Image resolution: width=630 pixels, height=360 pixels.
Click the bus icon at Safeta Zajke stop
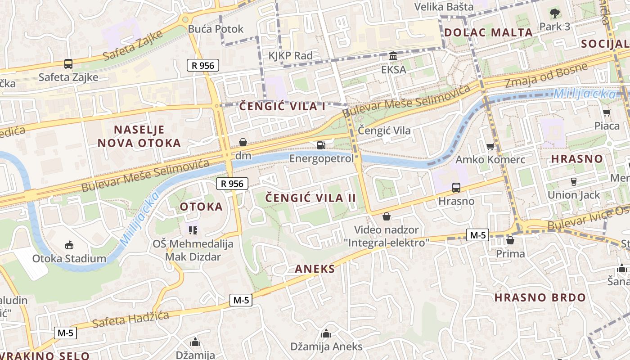coord(68,64)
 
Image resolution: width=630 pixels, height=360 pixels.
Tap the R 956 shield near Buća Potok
coord(203,66)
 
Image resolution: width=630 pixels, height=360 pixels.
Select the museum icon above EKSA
coord(393,56)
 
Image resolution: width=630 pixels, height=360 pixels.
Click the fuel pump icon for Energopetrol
coord(321,145)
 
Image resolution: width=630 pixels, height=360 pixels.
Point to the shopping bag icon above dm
coord(243,142)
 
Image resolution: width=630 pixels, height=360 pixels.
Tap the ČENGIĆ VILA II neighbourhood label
coord(310,198)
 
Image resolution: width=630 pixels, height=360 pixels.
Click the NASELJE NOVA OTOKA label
coord(139,136)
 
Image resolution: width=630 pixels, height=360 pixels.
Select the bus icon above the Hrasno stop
coord(456,187)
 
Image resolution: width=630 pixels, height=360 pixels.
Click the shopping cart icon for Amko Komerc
coord(490,146)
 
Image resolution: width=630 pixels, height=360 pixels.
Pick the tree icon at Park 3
coord(554,13)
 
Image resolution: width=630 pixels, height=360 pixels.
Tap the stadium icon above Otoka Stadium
coord(69,245)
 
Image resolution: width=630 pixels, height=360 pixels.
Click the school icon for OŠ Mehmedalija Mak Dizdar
coord(193,230)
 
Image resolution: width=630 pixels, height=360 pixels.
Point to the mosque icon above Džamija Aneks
coord(326,333)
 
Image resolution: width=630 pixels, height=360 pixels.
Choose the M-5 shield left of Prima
coord(477,234)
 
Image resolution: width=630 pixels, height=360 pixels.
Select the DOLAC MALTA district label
coord(489,32)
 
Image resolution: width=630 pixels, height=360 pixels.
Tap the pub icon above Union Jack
coord(574,181)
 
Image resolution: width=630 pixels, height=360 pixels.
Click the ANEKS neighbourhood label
coord(315,269)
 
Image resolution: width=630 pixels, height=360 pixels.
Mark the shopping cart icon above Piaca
coord(607,112)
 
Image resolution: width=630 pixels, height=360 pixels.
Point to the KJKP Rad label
coord(290,56)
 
